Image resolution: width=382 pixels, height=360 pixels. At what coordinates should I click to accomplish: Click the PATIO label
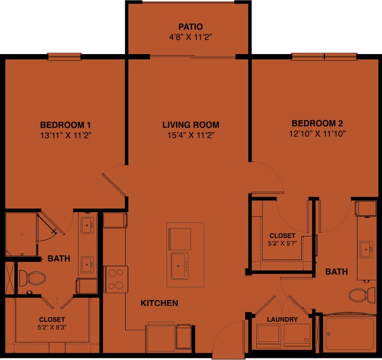[190, 27]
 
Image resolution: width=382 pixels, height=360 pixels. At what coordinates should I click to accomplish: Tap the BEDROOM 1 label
[62, 125]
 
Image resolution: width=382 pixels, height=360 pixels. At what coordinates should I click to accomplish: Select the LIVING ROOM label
[190, 125]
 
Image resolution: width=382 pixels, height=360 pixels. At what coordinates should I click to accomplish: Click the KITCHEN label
[159, 303]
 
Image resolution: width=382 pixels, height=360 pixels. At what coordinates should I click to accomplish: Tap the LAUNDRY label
[283, 319]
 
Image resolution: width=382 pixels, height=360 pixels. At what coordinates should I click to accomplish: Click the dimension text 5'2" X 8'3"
[52, 327]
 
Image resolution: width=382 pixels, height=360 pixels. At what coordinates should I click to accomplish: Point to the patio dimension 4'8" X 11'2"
[190, 37]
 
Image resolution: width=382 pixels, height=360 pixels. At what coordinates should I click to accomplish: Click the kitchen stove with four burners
[116, 279]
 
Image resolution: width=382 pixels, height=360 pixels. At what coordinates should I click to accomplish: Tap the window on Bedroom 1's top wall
[64, 56]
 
